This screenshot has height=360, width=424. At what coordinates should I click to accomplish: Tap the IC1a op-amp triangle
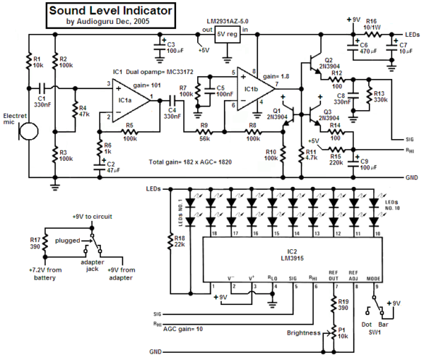(x=128, y=101)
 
